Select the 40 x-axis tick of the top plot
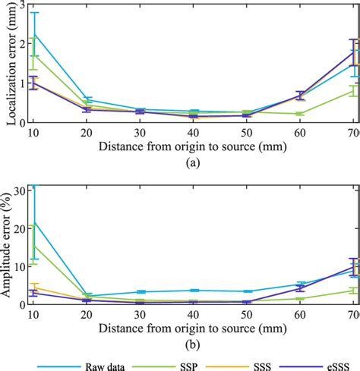pyautogui.click(x=193, y=132)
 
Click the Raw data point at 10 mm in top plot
pyautogui.click(x=34, y=34)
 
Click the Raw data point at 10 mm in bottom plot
pyautogui.click(x=34, y=222)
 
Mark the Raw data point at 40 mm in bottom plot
pyautogui.click(x=193, y=291)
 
